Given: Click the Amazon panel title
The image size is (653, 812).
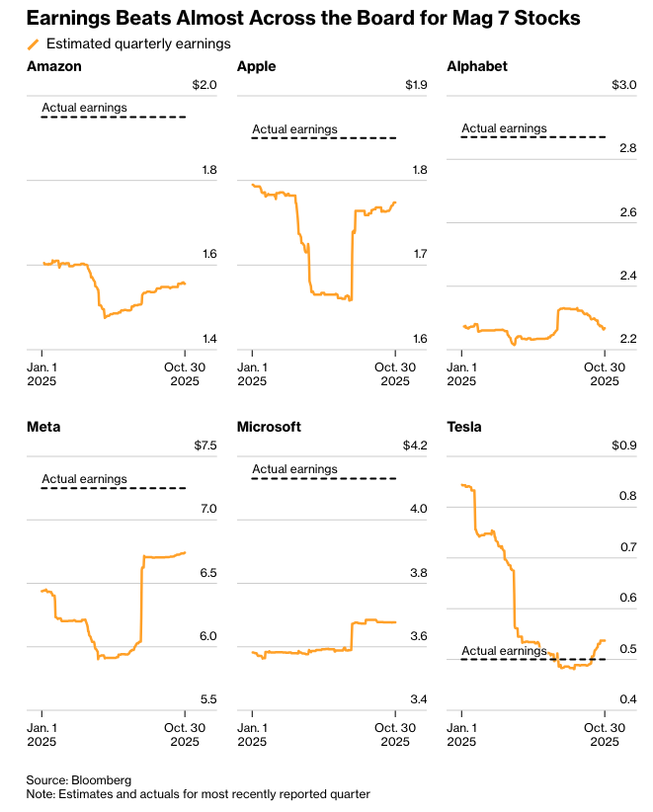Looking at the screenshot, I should (54, 66).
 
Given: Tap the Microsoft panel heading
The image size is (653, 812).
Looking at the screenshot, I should (269, 427).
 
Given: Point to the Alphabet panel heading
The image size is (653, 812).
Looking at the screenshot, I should (477, 66).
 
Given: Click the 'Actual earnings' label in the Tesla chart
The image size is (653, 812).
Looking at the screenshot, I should (504, 651).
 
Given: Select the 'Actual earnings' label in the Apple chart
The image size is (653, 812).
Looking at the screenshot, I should (294, 129).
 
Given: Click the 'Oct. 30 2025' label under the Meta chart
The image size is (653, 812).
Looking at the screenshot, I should (185, 733).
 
